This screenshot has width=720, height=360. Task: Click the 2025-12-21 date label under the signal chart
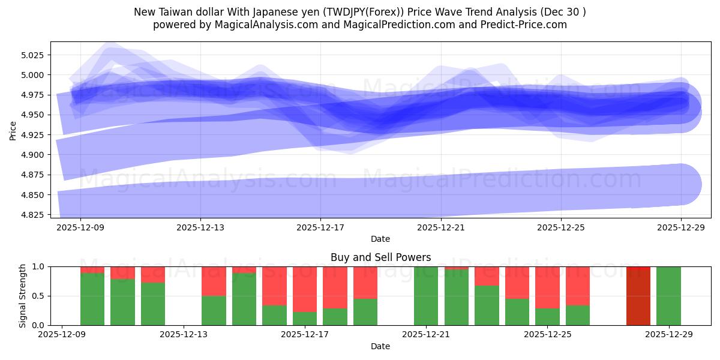coord(426,335)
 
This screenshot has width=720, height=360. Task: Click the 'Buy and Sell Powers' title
coord(380,257)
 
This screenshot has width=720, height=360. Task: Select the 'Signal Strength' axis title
coord(22,295)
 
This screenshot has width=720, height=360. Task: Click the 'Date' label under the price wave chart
coord(380,239)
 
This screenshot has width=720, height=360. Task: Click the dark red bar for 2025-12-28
coord(638,295)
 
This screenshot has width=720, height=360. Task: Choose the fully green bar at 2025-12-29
coord(668,295)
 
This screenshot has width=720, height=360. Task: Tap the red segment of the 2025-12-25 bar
coord(547,287)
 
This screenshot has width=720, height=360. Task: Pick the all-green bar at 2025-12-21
coord(426,295)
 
